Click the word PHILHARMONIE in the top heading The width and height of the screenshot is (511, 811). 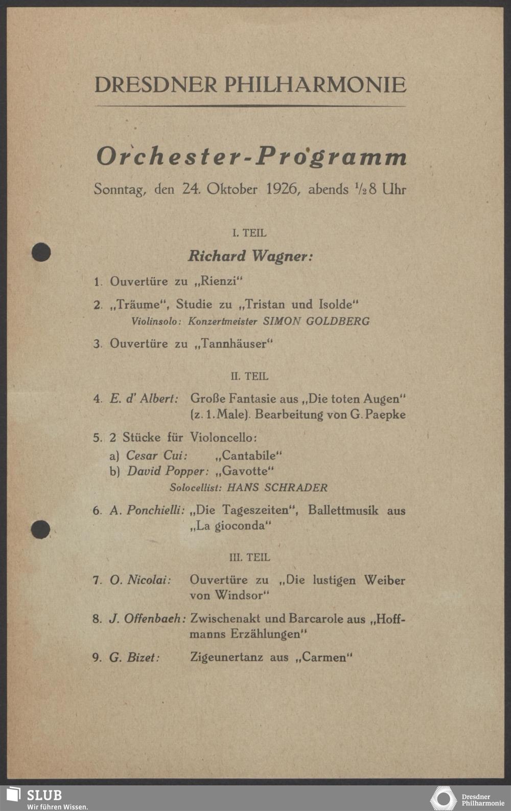[315, 85]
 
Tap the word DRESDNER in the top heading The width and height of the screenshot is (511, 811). [156, 85]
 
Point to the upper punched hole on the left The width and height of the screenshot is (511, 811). [41, 252]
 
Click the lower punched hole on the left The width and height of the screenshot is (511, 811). [40, 529]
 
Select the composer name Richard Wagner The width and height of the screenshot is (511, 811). [250, 256]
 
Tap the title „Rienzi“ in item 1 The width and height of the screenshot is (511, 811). [218, 281]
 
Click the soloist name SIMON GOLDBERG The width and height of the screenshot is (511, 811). [316, 321]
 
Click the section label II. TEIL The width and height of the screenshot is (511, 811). [249, 376]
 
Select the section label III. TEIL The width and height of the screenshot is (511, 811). [249, 557]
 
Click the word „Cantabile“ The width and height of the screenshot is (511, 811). [249, 455]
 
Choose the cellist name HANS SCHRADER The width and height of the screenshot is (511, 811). [277, 487]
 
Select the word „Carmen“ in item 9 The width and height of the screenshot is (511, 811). [324, 657]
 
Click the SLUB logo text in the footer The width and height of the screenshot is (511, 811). [44, 795]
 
